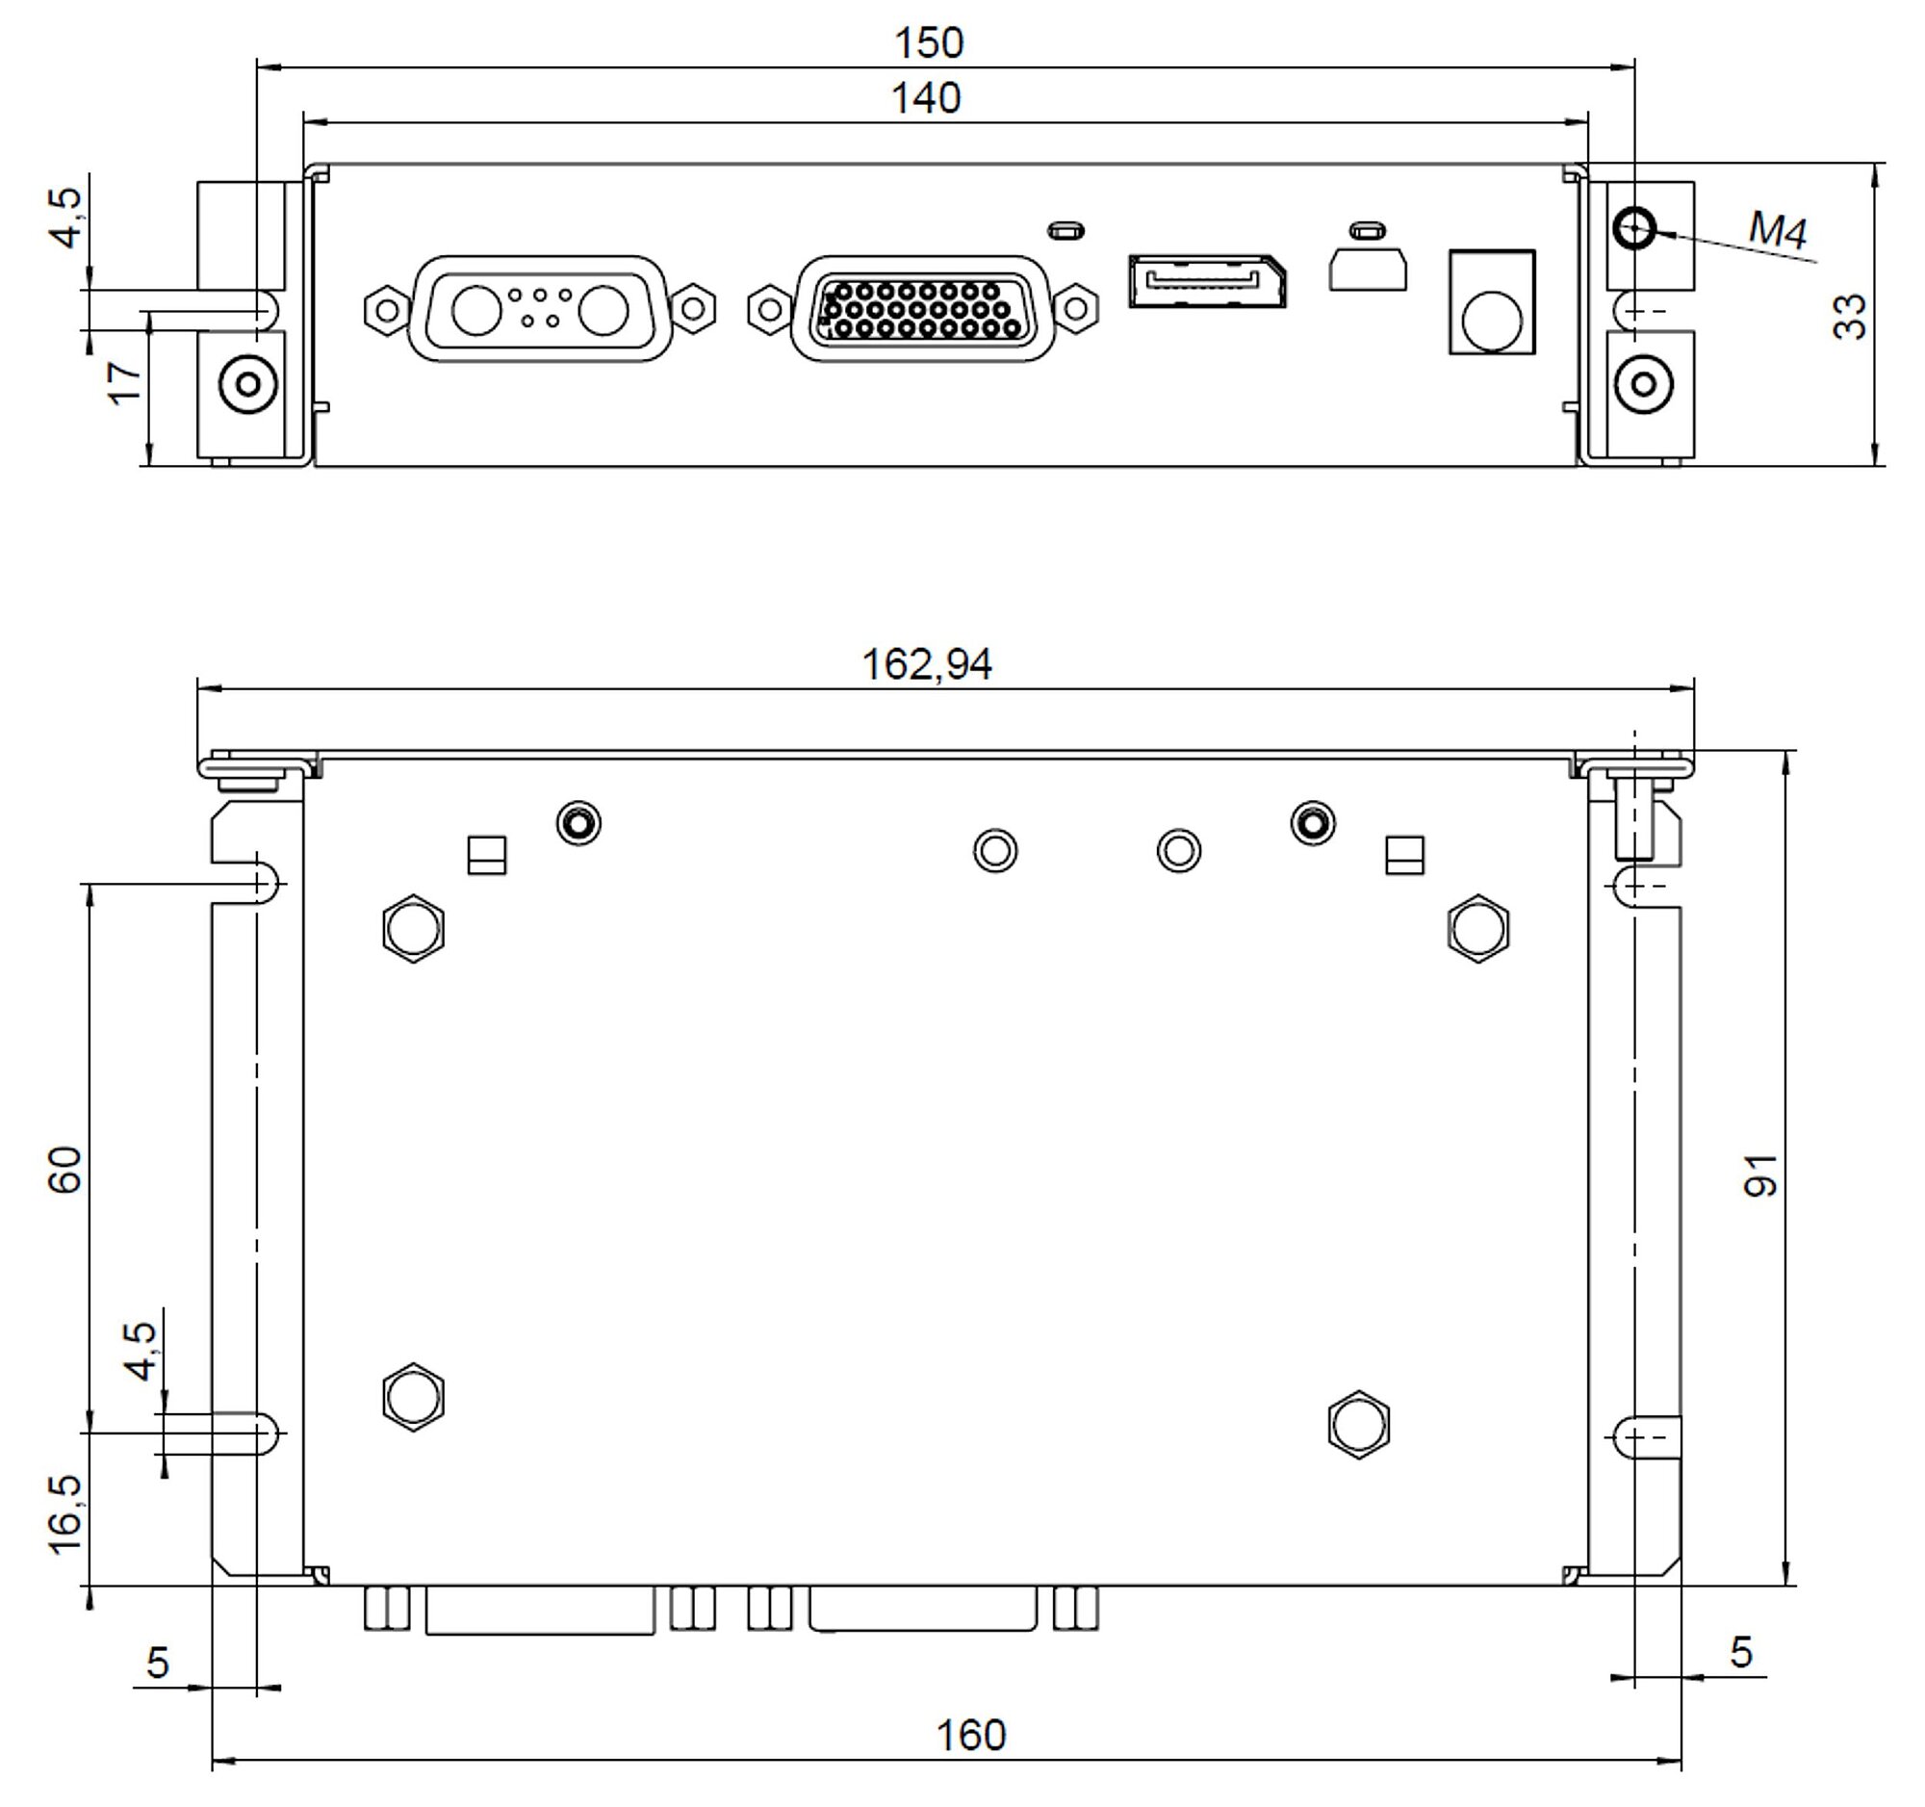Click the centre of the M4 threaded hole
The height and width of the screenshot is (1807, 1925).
click(1634, 228)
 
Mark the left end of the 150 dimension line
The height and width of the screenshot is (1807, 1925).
click(257, 66)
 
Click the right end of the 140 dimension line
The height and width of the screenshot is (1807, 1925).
click(1588, 122)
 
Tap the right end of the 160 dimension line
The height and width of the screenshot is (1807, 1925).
click(1681, 1761)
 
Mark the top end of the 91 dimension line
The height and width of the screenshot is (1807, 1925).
click(1787, 751)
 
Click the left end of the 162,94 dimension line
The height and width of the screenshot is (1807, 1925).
click(197, 689)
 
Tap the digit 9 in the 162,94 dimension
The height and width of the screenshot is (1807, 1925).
click(954, 664)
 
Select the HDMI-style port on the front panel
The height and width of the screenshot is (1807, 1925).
click(1208, 281)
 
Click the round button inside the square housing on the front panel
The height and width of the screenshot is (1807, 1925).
click(1492, 321)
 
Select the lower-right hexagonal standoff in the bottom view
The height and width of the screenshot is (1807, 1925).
click(1359, 1426)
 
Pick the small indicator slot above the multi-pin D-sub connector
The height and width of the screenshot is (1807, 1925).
click(1066, 230)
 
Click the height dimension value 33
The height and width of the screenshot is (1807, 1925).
click(1850, 316)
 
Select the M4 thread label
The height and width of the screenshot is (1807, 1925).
click(1778, 231)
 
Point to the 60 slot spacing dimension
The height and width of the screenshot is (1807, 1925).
click(65, 1170)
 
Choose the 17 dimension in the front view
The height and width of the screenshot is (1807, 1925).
click(125, 382)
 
